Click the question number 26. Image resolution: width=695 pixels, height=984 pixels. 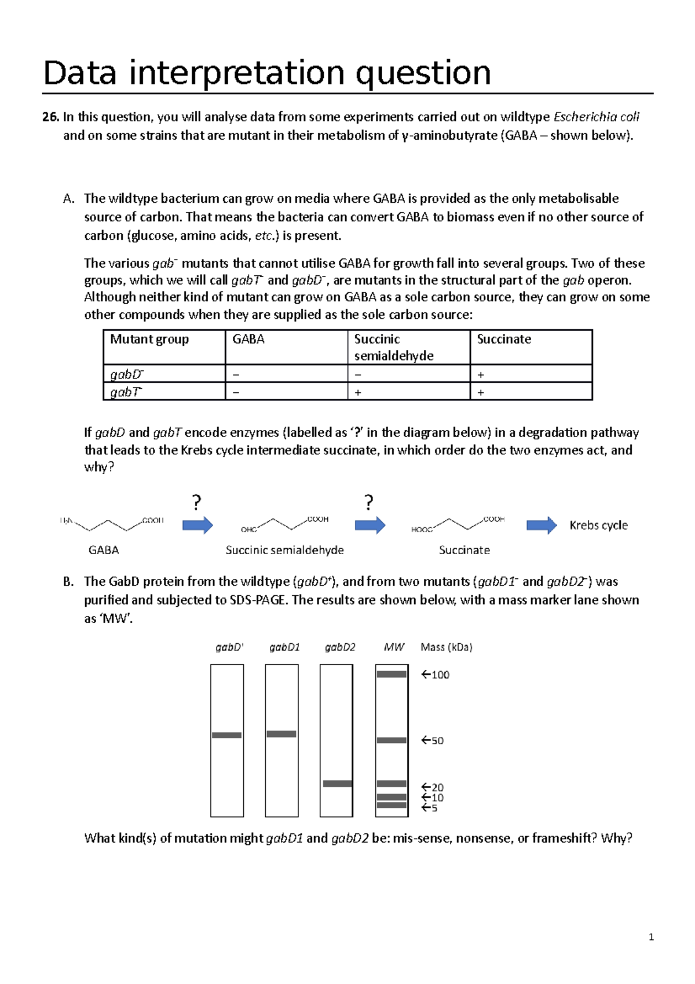pyautogui.click(x=50, y=117)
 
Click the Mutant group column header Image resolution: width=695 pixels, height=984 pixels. pyautogui.click(x=149, y=339)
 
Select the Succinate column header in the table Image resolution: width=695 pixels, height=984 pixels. pyautogui.click(x=503, y=339)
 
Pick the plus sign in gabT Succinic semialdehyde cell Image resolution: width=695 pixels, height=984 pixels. pyautogui.click(x=358, y=392)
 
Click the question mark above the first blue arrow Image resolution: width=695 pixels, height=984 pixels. pyautogui.click(x=197, y=502)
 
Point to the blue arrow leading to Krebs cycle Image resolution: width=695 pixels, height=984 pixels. pyautogui.click(x=541, y=525)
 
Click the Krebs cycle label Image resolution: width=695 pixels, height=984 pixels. pyautogui.click(x=598, y=525)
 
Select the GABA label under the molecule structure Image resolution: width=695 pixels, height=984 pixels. pyautogui.click(x=104, y=550)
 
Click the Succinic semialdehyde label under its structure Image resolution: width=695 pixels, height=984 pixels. pyautogui.click(x=284, y=550)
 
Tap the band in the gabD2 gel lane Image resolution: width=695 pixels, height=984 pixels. pyautogui.click(x=337, y=783)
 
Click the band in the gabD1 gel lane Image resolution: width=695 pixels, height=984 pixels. pyautogui.click(x=281, y=734)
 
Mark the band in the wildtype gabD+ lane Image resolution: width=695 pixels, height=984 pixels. pyautogui.click(x=226, y=735)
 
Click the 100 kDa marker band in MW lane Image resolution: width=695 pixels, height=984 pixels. pyautogui.click(x=392, y=674)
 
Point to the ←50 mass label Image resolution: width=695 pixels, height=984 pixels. pyautogui.click(x=433, y=741)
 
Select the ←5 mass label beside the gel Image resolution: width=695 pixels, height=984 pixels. pyautogui.click(x=429, y=808)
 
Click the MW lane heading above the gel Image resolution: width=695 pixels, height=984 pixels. pyautogui.click(x=394, y=647)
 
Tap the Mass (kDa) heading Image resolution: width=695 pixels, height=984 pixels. pyautogui.click(x=446, y=647)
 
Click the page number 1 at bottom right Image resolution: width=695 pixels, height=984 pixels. pyautogui.click(x=651, y=937)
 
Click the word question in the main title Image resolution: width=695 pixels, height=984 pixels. pyautogui.click(x=423, y=73)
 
